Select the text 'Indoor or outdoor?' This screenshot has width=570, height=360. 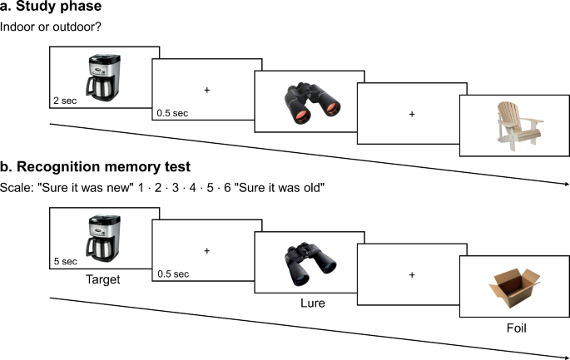50,30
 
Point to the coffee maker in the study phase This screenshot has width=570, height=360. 102,78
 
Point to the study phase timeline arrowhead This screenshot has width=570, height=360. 566,185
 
